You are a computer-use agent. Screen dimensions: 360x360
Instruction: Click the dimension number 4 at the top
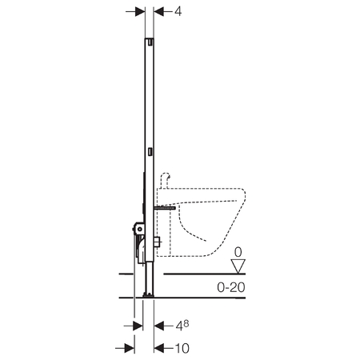[178, 11]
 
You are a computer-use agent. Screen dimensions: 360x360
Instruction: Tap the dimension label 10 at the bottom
[182, 348]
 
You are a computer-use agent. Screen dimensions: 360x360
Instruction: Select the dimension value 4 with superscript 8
[182, 325]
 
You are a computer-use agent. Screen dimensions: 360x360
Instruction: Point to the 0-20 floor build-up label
[231, 287]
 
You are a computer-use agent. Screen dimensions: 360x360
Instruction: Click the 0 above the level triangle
[238, 252]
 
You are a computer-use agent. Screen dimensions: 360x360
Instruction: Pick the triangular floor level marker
[238, 266]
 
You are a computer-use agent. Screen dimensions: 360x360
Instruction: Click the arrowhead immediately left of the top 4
[159, 11]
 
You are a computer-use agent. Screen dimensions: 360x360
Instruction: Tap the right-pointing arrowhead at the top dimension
[140, 11]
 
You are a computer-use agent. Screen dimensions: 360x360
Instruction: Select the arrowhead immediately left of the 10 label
[159, 348]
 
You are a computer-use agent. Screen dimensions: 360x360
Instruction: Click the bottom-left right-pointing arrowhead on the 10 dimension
[130, 348]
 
